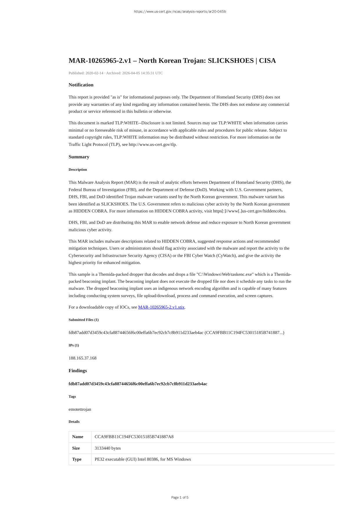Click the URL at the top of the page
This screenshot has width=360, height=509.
[180, 12]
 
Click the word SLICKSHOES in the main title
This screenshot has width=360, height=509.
[231, 61]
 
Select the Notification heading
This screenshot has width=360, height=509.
[81, 85]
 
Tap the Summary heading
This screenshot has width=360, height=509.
[79, 157]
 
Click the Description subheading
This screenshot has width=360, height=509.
[78, 170]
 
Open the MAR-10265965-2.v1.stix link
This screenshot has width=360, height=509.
[161, 307]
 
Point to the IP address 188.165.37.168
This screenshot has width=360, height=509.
[82, 358]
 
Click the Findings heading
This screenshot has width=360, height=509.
[78, 371]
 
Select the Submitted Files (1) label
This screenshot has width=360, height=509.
[83, 320]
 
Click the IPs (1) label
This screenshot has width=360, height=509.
[74, 345]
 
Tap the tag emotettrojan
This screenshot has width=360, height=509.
[80, 409]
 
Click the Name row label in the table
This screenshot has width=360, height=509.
[78, 437]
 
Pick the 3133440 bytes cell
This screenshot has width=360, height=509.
[108, 448]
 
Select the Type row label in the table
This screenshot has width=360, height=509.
[77, 459]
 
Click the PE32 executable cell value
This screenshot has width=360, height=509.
[143, 459]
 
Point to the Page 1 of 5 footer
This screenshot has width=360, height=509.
[180, 497]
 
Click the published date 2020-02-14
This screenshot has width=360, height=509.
[94, 73]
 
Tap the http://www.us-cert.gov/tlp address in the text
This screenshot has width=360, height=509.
[152, 144]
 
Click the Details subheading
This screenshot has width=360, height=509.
[74, 422]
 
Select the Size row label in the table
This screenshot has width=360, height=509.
[76, 448]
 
